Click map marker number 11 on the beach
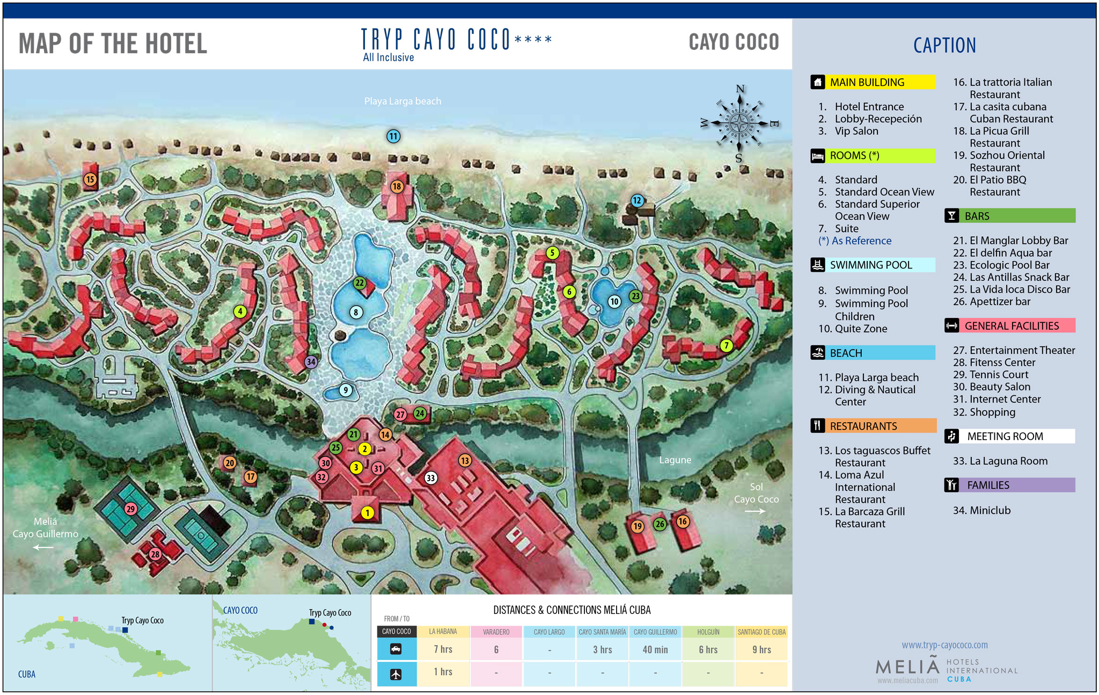pyautogui.click(x=393, y=136)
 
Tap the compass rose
pyautogui.click(x=739, y=124)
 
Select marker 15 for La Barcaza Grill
pyautogui.click(x=90, y=179)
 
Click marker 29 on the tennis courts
pyautogui.click(x=130, y=509)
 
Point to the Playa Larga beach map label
pyautogui.click(x=402, y=101)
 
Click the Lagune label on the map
pyautogui.click(x=675, y=460)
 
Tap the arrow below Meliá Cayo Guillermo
pyautogui.click(x=43, y=547)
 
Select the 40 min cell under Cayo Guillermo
pyautogui.click(x=655, y=649)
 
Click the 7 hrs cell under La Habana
pyautogui.click(x=443, y=649)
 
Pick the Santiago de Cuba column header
pyautogui.click(x=761, y=632)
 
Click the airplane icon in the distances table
pyautogui.click(x=396, y=674)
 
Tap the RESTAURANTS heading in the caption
pyautogui.click(x=863, y=426)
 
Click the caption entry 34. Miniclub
pyautogui.click(x=981, y=510)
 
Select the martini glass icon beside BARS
pyautogui.click(x=952, y=216)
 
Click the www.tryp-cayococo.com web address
pyautogui.click(x=944, y=645)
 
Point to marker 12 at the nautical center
pyautogui.click(x=637, y=200)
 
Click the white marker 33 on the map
pyautogui.click(x=430, y=478)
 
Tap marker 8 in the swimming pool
pyautogui.click(x=356, y=312)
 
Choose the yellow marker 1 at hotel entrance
pyautogui.click(x=367, y=513)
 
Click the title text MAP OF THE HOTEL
pyautogui.click(x=113, y=44)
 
